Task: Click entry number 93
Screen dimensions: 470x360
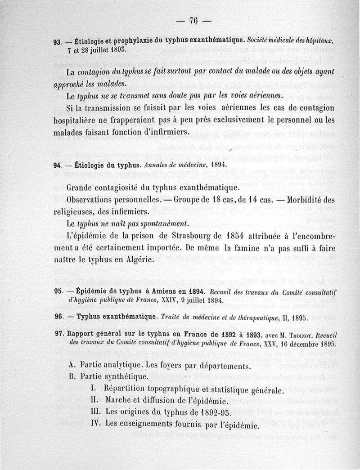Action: pos(58,42)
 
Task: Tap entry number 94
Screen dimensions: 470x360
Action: pos(58,165)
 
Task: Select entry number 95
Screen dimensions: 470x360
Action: pos(58,291)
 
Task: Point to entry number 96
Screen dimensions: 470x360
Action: pos(58,317)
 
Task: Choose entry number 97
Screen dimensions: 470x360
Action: pos(58,335)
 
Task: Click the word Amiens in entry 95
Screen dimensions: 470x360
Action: pos(157,291)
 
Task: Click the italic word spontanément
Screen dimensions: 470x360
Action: pos(156,224)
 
